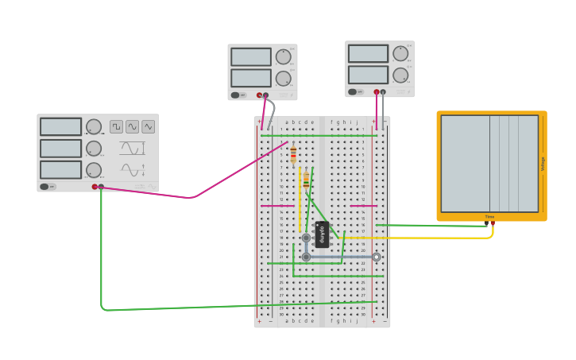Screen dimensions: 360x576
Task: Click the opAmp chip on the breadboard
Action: coord(322,234)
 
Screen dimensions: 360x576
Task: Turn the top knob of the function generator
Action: coord(94,126)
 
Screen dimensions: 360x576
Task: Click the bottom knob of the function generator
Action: coord(94,169)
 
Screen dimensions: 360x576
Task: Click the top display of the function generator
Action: coord(60,126)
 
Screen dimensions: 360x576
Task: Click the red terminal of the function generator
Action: coord(95,187)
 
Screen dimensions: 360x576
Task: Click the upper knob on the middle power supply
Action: coord(283,56)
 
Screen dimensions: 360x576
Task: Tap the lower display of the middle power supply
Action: coord(250,77)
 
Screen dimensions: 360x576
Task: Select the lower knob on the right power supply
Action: coord(400,75)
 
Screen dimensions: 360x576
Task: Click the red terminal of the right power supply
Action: coord(377,91)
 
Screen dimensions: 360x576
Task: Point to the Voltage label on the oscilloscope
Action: coord(543,164)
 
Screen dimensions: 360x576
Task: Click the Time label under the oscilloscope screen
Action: coord(489,217)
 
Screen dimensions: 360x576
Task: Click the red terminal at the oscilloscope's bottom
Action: coord(493,223)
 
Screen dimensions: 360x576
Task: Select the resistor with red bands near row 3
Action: coord(293,153)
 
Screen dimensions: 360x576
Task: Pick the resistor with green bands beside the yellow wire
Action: coord(307,180)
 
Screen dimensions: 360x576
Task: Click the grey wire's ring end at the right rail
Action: coord(376,257)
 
